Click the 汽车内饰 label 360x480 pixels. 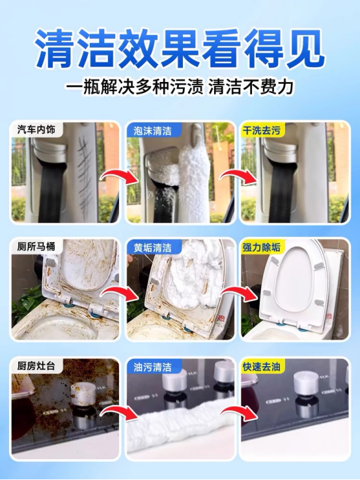(x=36, y=129)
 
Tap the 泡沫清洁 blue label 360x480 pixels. (x=152, y=131)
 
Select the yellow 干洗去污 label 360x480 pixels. (x=262, y=131)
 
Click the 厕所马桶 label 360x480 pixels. (x=36, y=247)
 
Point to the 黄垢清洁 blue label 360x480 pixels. (x=152, y=248)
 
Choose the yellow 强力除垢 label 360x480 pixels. (x=262, y=247)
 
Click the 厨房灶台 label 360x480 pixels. (x=36, y=366)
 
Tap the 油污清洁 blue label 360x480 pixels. (x=152, y=367)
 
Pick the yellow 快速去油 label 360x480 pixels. (x=262, y=366)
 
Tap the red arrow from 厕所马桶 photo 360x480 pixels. (x=120, y=295)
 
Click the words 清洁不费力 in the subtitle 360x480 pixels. (x=251, y=87)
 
